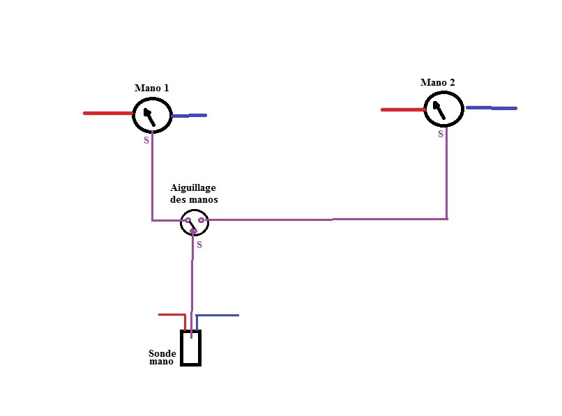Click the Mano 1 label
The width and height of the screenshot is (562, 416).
[x=151, y=88]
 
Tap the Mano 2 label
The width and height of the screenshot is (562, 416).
[x=438, y=82]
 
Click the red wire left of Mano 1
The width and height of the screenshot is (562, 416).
[x=108, y=113]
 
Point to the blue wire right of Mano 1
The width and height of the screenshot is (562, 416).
[x=189, y=116]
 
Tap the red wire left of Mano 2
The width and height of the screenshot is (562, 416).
[x=403, y=109]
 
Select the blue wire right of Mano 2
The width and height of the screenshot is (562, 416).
[x=492, y=108]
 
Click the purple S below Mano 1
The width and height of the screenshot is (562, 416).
[x=146, y=140]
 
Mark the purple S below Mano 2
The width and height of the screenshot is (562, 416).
[x=441, y=134]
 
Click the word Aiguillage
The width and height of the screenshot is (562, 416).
[x=193, y=188]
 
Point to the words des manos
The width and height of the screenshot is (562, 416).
[x=194, y=199]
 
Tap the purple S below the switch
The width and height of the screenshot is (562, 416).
[x=199, y=245]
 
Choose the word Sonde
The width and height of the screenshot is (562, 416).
[x=162, y=353]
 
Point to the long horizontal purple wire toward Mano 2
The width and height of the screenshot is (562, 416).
[x=327, y=219]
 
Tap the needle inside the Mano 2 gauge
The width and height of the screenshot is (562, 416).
[x=439, y=110]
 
